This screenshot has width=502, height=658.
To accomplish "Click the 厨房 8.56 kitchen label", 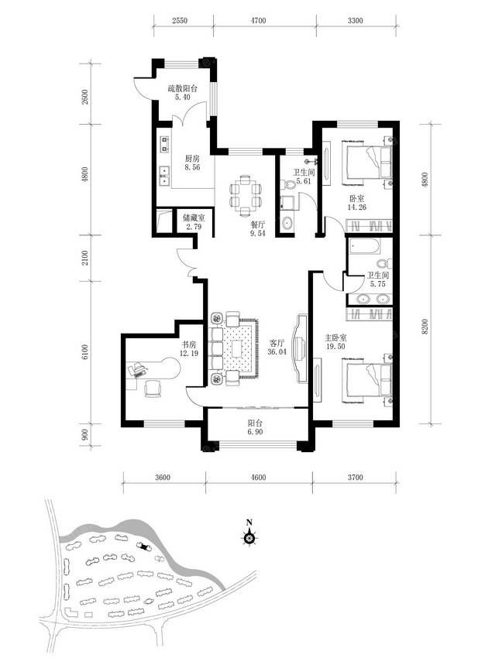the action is coord(192,163).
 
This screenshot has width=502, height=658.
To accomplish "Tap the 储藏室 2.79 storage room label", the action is coord(194,222).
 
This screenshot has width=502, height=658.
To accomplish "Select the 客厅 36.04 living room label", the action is coord(277,347).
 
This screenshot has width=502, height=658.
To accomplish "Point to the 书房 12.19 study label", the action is coord(188,348).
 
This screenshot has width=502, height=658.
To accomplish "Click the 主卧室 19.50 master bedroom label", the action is coord(335,341).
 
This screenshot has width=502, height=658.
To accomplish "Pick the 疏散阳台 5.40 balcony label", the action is coord(183,93).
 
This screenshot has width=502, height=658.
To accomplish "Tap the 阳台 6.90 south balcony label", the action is coord(255,427).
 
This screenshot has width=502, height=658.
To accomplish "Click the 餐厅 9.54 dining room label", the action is coord(257,229).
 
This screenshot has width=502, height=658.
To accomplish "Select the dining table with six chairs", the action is coord(246,196).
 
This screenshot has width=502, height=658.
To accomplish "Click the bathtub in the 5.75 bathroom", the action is coord(365,247).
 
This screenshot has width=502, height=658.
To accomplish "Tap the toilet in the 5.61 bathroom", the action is coord(290,184).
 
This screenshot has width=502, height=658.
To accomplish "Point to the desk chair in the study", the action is coord(153,388).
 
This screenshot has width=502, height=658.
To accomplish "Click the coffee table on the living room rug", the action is coord(238,348).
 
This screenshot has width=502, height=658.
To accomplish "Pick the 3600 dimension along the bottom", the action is coord(163,477).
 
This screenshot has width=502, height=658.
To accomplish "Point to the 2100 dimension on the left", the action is coord(86,258).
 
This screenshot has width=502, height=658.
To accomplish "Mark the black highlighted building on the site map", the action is coord(145,546).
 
